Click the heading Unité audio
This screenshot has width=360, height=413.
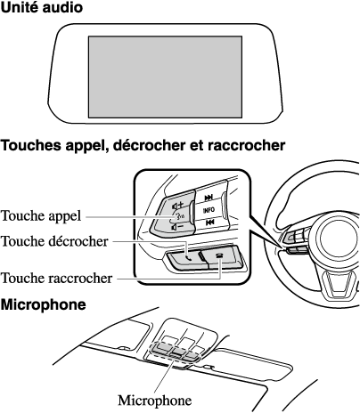[x=41, y=7]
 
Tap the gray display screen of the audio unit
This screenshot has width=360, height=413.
[x=165, y=77]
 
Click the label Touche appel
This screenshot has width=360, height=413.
[x=41, y=216]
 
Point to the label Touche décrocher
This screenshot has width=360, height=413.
[x=54, y=241]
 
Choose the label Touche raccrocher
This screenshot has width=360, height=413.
[x=57, y=279]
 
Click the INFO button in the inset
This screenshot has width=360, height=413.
[x=209, y=210]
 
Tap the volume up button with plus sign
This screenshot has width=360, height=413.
[x=178, y=205]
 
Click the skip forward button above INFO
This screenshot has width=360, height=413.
[x=209, y=197]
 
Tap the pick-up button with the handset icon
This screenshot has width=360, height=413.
[x=184, y=258]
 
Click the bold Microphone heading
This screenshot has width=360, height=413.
[x=43, y=304]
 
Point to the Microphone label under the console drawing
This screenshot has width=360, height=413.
[x=155, y=401]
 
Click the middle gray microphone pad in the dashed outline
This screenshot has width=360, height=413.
[x=176, y=352]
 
